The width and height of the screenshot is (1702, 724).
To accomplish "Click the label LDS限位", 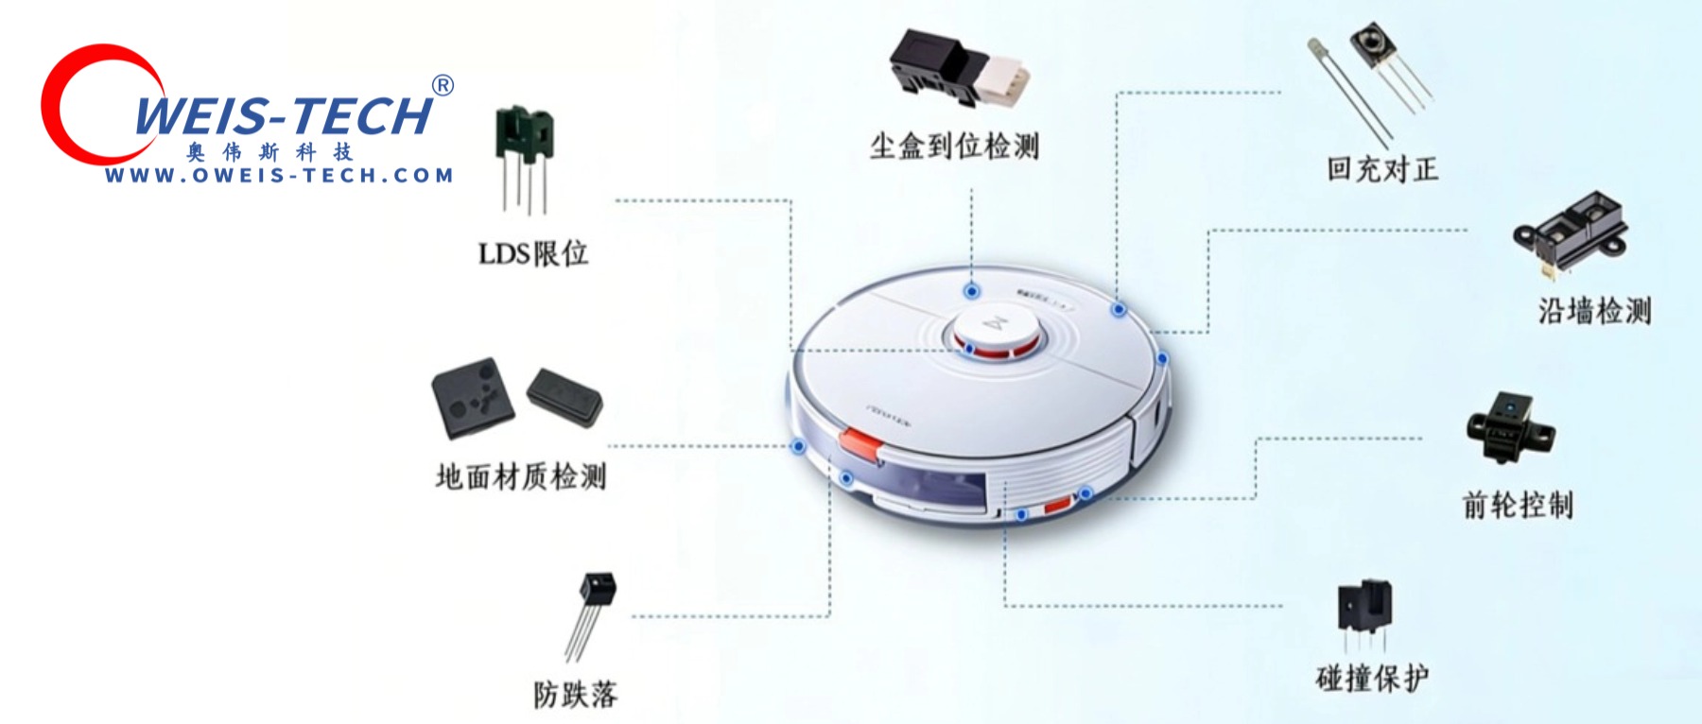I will click(532, 253).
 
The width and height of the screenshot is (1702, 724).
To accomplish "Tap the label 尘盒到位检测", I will click(955, 147).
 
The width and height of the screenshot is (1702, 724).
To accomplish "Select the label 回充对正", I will click(1381, 169).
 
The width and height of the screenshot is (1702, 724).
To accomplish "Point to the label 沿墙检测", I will click(1594, 310).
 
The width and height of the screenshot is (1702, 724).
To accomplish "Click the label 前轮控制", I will click(1518, 505).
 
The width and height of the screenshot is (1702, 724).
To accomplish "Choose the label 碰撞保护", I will click(1372, 678).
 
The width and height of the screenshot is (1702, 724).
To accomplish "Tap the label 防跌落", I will click(575, 695).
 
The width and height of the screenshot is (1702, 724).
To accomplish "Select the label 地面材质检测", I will click(521, 476).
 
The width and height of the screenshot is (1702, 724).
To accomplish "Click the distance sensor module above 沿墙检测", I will click(1570, 232).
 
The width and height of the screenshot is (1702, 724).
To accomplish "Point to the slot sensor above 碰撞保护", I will click(1364, 607).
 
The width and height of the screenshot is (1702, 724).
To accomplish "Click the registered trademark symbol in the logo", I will click(443, 85).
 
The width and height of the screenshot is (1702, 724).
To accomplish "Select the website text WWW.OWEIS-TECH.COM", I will click(280, 175).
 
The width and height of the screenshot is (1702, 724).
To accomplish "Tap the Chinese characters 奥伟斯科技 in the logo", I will click(269, 151).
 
